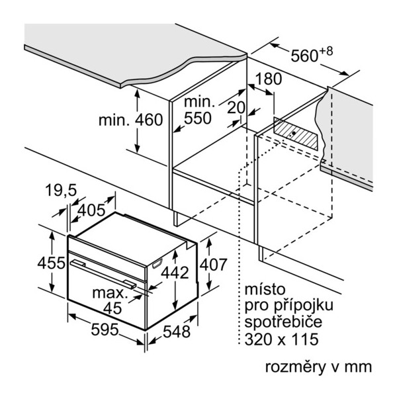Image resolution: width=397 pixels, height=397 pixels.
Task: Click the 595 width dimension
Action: pyautogui.click(x=105, y=330)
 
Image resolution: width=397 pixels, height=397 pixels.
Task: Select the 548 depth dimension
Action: pyautogui.click(x=177, y=331)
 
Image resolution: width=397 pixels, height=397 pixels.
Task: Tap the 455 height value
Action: pyautogui.click(x=51, y=263)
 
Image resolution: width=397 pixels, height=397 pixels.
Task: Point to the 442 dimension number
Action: pyautogui.click(x=175, y=273)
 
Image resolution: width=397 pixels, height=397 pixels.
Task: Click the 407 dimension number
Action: pyautogui.click(x=213, y=265)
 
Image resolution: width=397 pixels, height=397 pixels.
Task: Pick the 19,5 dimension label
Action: pyautogui.click(x=61, y=190)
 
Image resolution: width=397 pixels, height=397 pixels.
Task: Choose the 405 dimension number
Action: pyautogui.click(x=91, y=210)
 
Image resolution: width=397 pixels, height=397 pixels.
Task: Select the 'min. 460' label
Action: pyautogui.click(x=130, y=120)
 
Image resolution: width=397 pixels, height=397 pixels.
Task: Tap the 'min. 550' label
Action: pyautogui.click(x=199, y=110)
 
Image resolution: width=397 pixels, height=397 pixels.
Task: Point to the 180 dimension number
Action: pyautogui.click(x=269, y=79)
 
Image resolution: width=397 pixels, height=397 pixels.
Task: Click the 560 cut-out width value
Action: pyautogui.click(x=304, y=56)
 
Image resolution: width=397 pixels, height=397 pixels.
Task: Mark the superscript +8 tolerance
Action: pyautogui.click(x=326, y=51)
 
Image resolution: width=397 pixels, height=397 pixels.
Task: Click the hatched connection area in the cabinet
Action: pyautogui.click(x=296, y=134)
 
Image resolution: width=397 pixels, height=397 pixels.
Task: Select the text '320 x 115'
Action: pyautogui.click(x=281, y=339)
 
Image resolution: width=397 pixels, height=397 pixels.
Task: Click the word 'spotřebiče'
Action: pyautogui.click(x=283, y=322)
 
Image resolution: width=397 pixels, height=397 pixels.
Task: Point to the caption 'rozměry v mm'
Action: pyautogui.click(x=318, y=367)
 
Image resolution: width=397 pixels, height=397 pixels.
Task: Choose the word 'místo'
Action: pyautogui.click(x=265, y=289)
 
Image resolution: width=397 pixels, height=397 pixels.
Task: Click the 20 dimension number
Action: pyautogui.click(x=236, y=108)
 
